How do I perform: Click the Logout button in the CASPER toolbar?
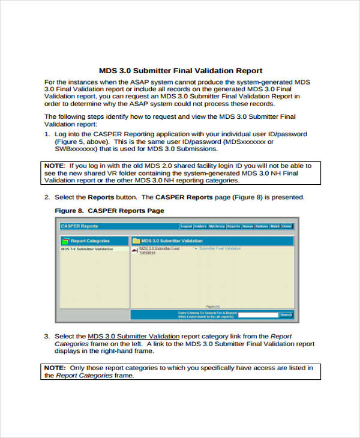tap(187, 226)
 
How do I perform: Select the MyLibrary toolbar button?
tap(217, 226)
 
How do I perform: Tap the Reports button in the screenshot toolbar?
tap(233, 226)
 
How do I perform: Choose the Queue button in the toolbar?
tap(248, 226)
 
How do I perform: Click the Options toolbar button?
tap(262, 226)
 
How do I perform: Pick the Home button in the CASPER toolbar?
tap(287, 226)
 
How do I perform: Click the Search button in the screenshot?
tap(286, 314)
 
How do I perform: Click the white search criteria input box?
tap(258, 314)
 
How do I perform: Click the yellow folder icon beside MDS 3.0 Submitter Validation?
tap(136, 241)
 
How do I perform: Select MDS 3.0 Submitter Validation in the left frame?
tap(87, 248)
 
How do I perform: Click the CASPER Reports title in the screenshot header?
tap(79, 226)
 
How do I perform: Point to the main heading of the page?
tap(180, 70)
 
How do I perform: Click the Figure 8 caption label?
tap(109, 211)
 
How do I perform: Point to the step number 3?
tap(47, 336)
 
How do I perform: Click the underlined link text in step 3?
tap(133, 336)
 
